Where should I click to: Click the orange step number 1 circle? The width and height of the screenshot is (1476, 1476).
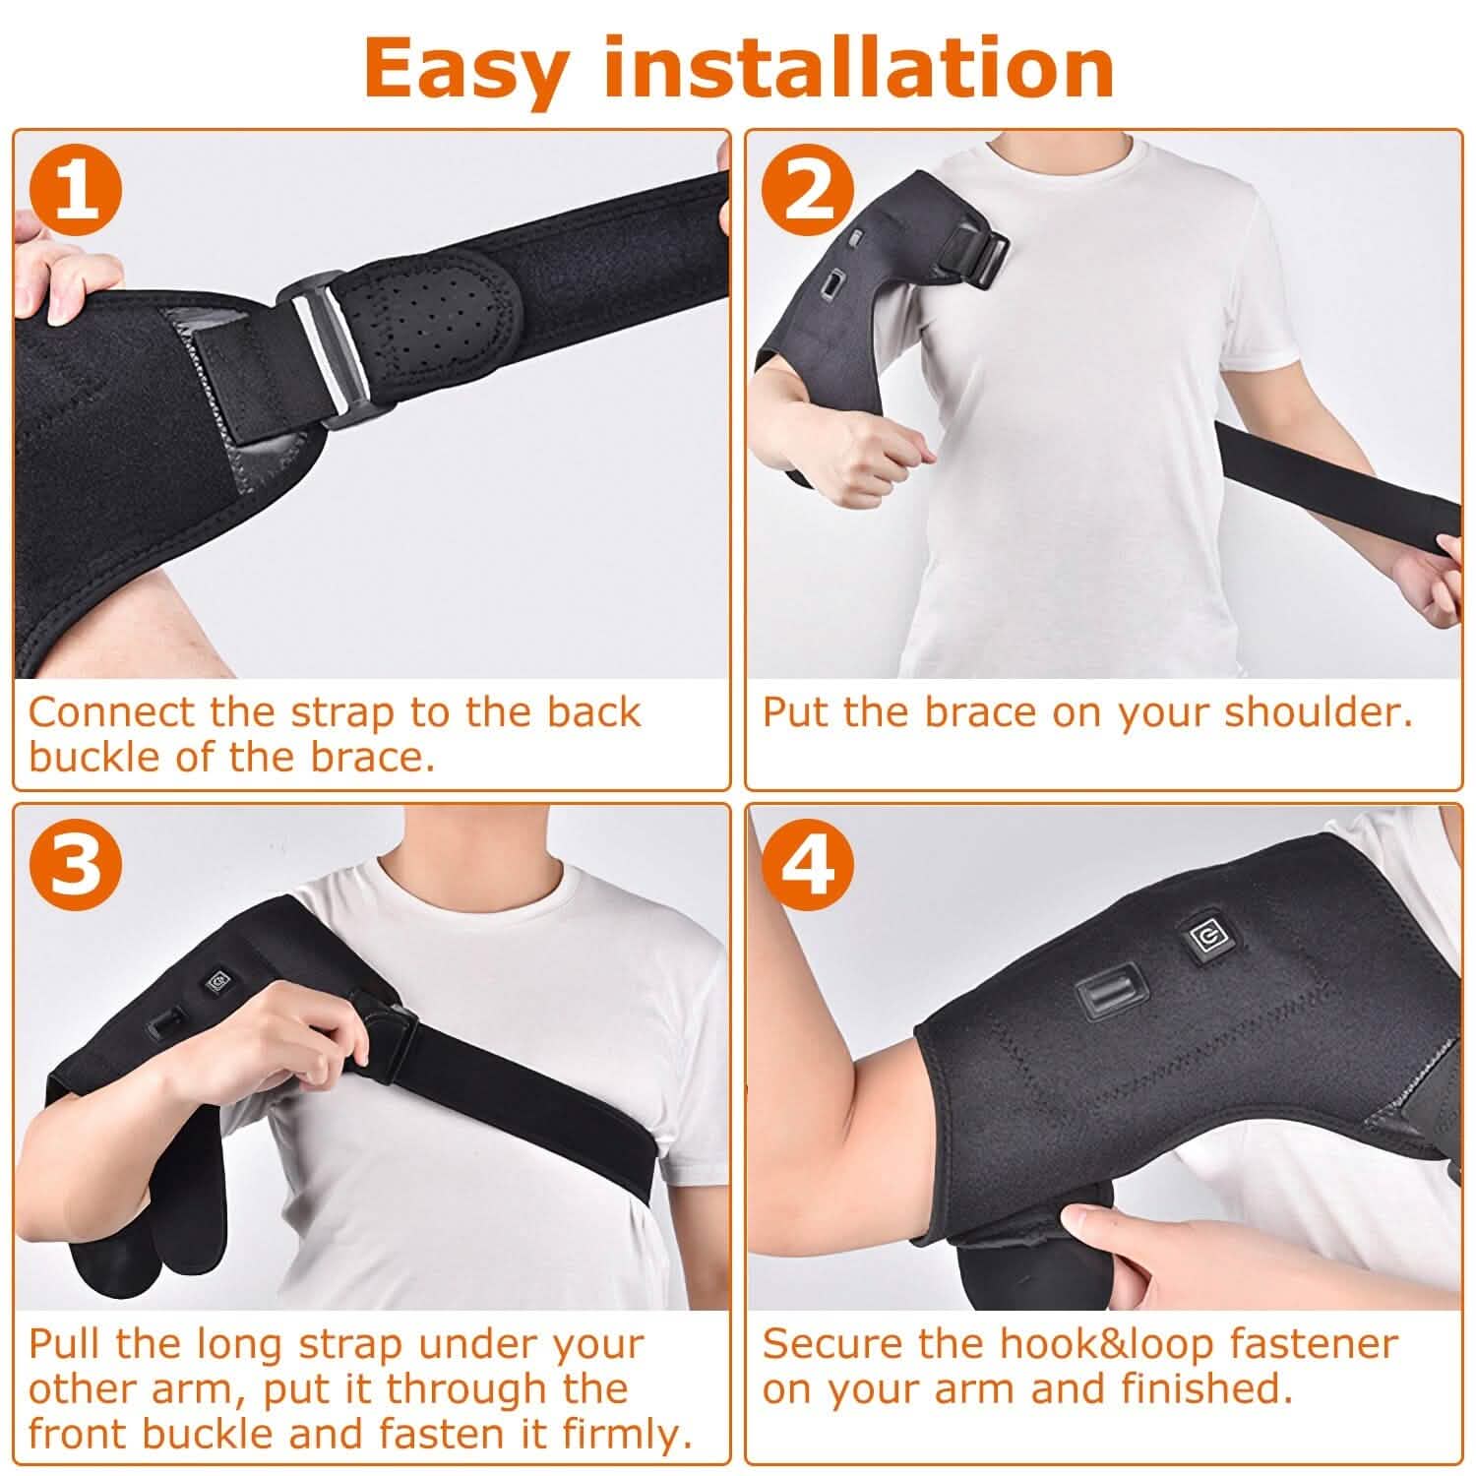coord(76,193)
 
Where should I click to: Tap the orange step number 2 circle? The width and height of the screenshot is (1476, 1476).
coord(808,193)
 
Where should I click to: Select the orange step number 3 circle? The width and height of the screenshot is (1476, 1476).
coord(76,866)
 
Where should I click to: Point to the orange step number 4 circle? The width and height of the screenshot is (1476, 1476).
coord(808,866)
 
